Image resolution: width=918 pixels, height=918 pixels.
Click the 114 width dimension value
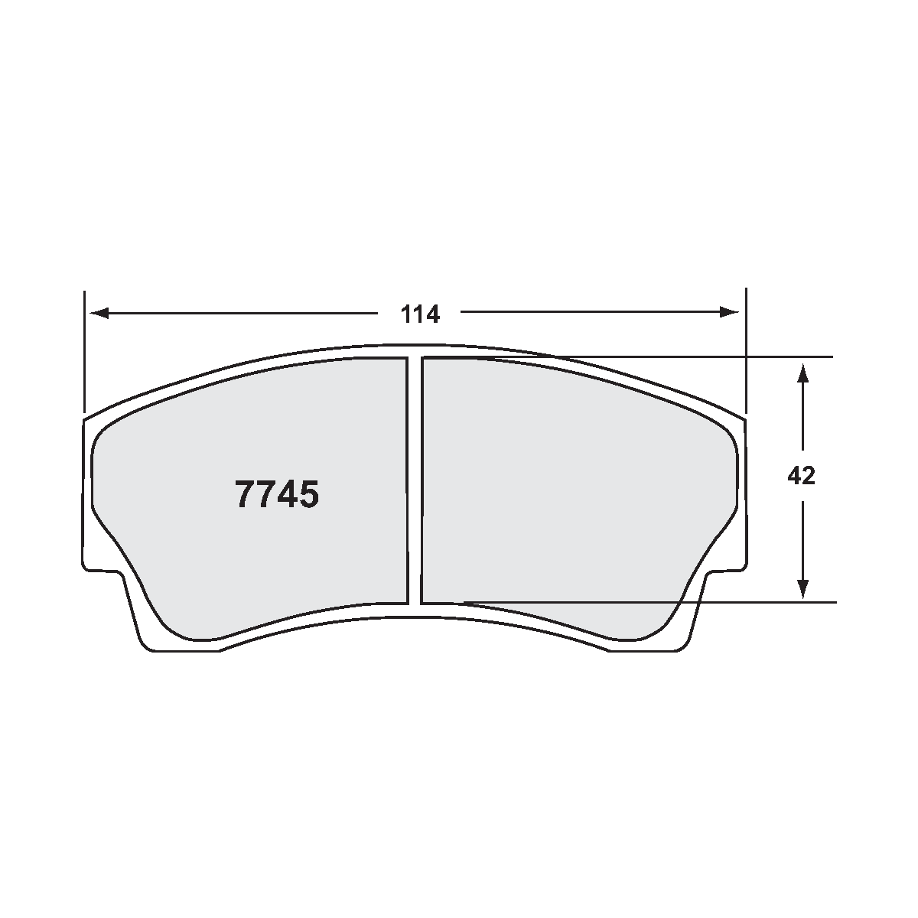[x=421, y=314]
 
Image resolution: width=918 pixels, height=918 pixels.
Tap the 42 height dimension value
[x=801, y=477]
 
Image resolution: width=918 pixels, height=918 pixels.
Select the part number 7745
[x=277, y=495]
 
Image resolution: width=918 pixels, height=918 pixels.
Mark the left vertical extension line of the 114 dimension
[x=84, y=352]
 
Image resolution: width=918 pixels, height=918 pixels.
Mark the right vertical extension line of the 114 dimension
[x=745, y=352]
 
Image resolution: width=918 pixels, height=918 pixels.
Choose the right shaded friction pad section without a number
[x=574, y=490]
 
